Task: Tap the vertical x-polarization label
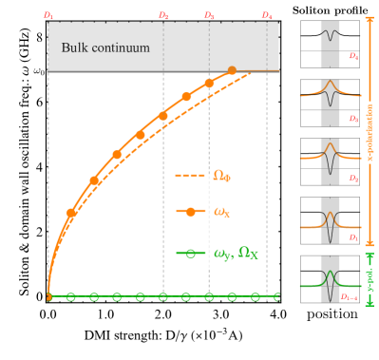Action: coord(370,132)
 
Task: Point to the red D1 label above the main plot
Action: coord(48,15)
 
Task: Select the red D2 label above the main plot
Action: coord(163,15)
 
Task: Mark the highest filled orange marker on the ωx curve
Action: coord(232,70)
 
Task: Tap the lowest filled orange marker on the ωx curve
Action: coord(71,213)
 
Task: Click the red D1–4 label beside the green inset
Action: coord(350,297)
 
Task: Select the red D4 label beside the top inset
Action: coord(353,57)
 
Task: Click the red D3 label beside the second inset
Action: coord(353,119)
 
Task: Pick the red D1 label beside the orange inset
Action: coord(353,237)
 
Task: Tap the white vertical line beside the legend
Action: coord(209,214)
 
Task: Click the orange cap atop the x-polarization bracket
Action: coord(370,16)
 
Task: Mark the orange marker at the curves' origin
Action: coord(48,297)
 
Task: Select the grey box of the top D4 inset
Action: coord(330,44)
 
